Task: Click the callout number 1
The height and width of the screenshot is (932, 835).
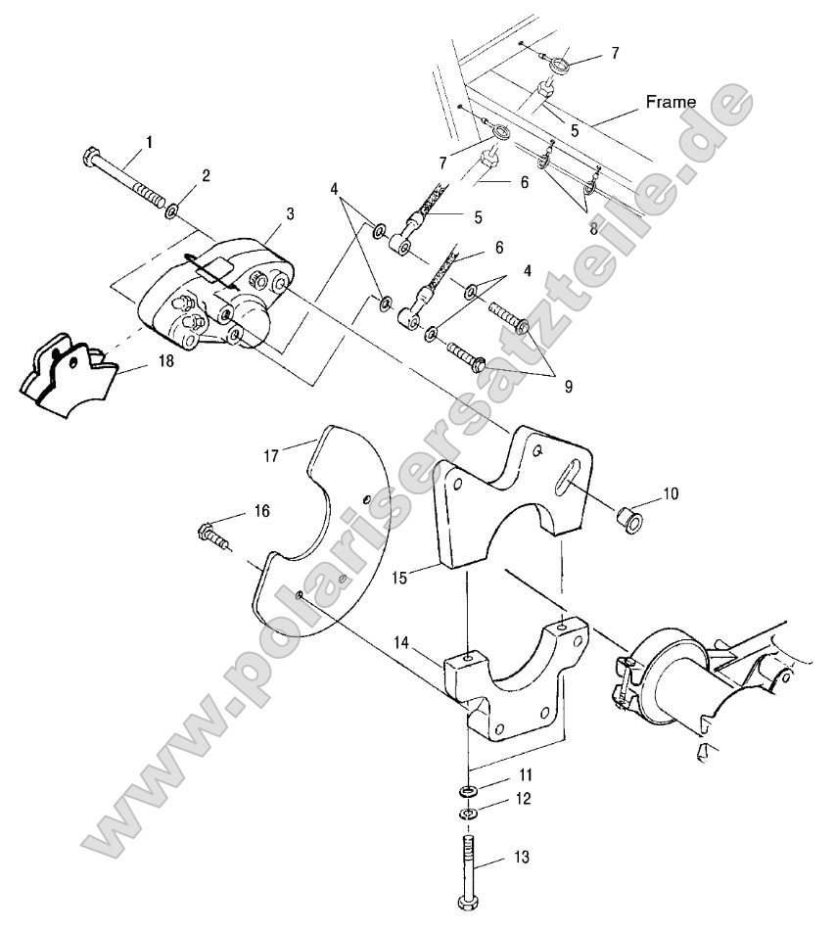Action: click(149, 142)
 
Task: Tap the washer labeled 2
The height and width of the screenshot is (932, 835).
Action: click(172, 210)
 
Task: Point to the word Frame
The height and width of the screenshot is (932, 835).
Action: click(670, 102)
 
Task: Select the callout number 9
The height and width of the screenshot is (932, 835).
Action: click(569, 386)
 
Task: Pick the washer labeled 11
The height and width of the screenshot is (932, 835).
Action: click(468, 791)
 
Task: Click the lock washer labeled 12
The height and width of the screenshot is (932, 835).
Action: click(468, 814)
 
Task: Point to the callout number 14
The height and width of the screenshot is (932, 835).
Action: click(429, 644)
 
